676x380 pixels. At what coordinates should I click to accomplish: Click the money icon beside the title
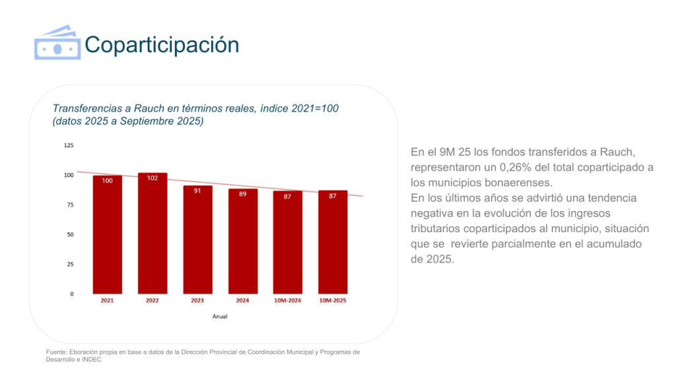click(57, 44)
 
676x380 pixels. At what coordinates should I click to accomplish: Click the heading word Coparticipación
click(162, 44)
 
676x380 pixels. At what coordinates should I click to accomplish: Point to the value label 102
click(152, 178)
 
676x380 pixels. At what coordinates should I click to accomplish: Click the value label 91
click(197, 191)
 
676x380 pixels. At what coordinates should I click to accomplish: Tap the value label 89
click(243, 194)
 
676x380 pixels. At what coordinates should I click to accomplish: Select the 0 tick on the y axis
click(72, 294)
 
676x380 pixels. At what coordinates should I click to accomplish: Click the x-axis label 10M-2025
click(333, 301)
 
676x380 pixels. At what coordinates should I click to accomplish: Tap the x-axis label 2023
click(197, 301)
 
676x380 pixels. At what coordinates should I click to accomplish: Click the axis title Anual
click(220, 317)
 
